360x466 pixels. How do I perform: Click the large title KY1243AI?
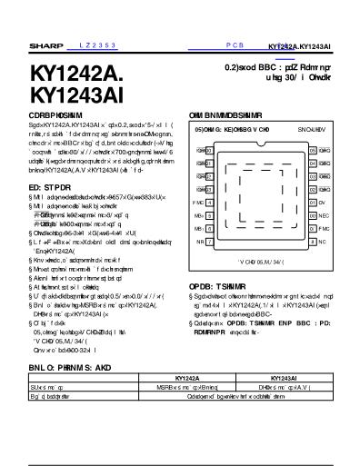coord(75,94)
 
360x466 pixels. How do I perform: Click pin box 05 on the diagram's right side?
coord(313,150)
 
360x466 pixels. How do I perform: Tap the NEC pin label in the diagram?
coord(324,215)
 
